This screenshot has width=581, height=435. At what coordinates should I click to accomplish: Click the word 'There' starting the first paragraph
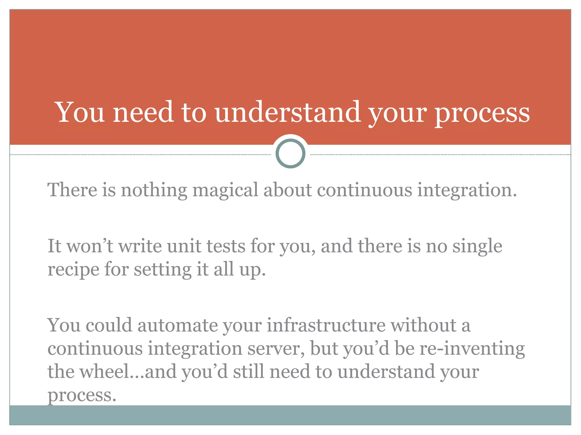coord(72,189)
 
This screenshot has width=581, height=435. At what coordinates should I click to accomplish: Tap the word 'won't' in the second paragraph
coord(90,246)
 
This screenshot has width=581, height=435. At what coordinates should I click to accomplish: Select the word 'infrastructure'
coord(326,325)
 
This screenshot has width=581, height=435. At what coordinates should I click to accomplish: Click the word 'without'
coord(423,325)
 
